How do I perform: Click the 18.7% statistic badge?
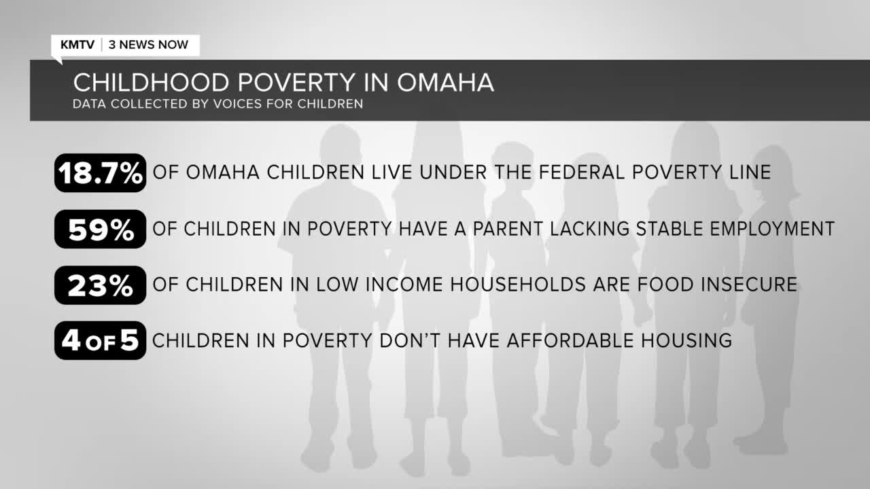click(100, 173)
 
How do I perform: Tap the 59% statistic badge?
click(100, 229)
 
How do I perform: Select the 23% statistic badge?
click(100, 285)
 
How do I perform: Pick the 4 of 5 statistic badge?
click(100, 340)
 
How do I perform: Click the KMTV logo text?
click(77, 45)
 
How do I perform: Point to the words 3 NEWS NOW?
click(148, 45)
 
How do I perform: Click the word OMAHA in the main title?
click(445, 82)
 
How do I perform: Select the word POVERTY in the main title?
click(296, 82)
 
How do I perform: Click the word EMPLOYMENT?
click(772, 229)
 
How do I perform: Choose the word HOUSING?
click(686, 340)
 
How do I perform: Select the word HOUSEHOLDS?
click(518, 285)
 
